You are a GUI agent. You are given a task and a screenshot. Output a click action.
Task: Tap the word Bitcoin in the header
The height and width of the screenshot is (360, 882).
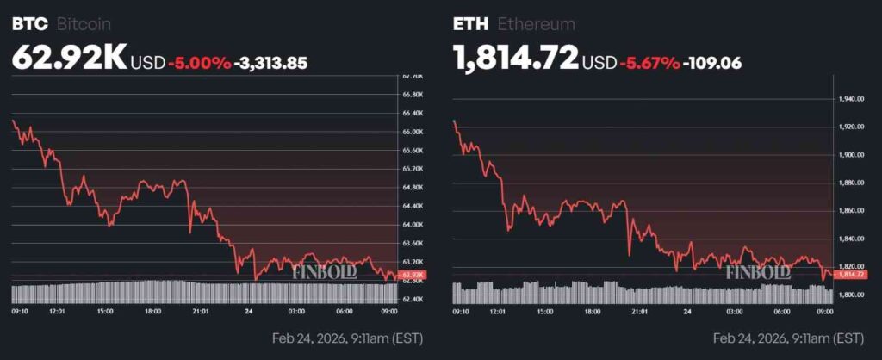point(84,24)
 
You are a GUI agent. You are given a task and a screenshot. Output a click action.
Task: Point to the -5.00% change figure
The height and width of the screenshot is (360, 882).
point(200,62)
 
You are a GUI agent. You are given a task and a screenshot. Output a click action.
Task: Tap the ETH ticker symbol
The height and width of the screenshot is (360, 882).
point(469,23)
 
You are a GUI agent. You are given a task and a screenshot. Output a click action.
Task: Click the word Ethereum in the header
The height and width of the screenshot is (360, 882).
point(534,24)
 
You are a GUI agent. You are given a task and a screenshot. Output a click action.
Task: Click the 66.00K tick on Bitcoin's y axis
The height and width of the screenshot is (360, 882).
point(413,132)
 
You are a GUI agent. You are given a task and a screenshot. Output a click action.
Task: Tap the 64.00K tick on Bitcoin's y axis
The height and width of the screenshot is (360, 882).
point(413,225)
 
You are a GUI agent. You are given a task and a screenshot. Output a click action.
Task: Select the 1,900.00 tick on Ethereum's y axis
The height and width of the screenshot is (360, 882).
point(851,155)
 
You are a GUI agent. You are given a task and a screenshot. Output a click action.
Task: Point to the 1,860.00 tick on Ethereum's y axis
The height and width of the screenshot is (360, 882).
point(851,211)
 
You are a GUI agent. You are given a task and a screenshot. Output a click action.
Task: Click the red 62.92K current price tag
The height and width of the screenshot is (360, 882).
point(413,274)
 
